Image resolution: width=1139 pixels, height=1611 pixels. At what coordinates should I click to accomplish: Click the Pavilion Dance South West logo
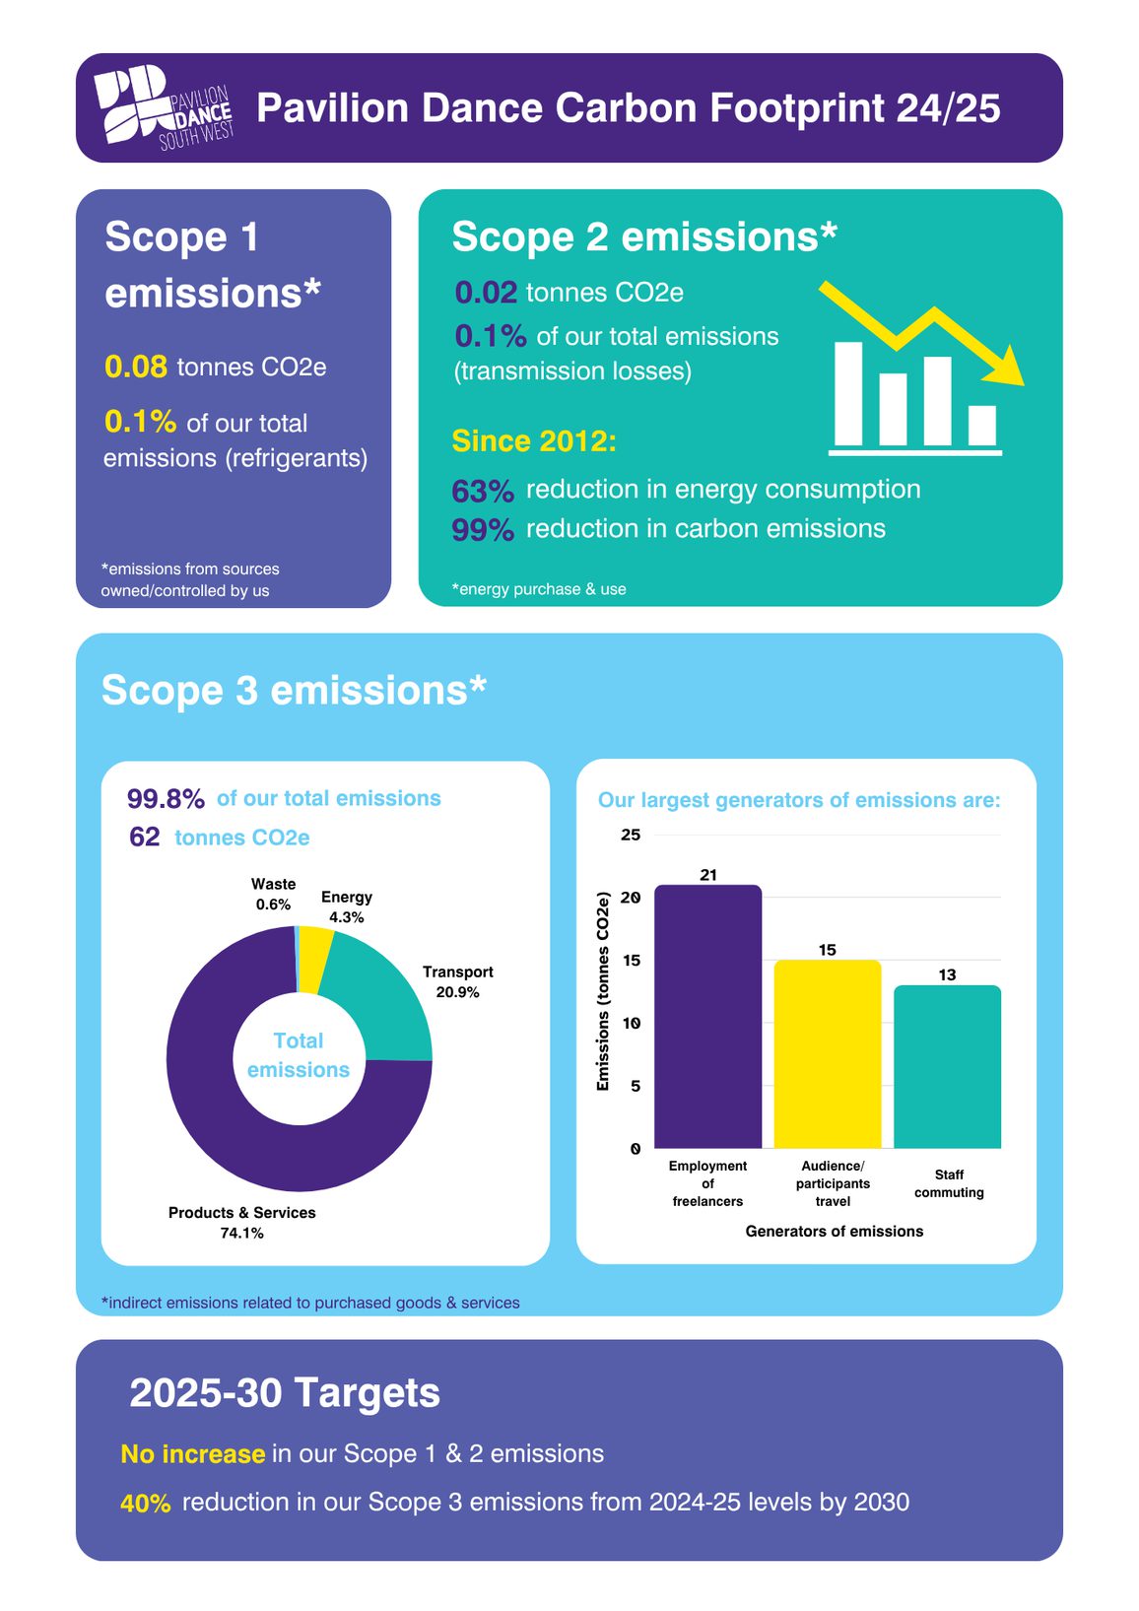click(x=164, y=108)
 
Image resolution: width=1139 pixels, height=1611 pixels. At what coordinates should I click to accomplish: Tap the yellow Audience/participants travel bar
click(x=827, y=1054)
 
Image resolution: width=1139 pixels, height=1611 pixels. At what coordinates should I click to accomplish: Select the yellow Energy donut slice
click(x=315, y=945)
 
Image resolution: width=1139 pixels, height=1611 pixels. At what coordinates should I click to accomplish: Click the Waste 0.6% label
click(x=273, y=895)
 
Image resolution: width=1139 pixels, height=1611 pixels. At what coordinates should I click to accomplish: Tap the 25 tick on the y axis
click(x=630, y=835)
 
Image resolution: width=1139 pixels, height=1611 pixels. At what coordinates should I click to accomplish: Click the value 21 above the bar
click(x=708, y=875)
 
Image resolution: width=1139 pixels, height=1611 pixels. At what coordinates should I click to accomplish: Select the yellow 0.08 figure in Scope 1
click(x=136, y=368)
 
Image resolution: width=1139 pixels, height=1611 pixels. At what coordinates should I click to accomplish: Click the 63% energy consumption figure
click(x=482, y=491)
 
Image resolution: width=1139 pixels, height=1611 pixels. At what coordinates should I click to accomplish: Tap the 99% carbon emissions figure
click(x=482, y=530)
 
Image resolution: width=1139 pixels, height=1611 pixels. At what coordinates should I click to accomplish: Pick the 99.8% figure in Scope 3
click(x=166, y=799)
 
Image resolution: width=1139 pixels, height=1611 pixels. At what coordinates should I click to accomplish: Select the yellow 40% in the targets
click(x=146, y=1504)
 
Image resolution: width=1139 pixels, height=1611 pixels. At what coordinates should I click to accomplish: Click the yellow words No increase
click(x=192, y=1454)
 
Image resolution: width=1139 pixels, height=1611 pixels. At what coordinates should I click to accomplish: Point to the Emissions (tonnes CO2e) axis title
click(x=603, y=991)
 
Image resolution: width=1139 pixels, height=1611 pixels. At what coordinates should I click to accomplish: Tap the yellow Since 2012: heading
click(x=534, y=441)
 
